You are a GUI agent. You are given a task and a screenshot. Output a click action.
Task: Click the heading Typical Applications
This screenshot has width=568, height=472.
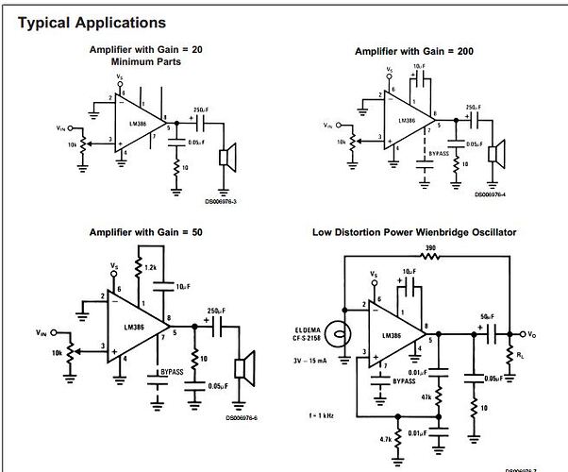(92, 22)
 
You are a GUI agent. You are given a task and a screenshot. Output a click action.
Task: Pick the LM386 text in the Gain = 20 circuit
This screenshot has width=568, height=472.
(125, 125)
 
